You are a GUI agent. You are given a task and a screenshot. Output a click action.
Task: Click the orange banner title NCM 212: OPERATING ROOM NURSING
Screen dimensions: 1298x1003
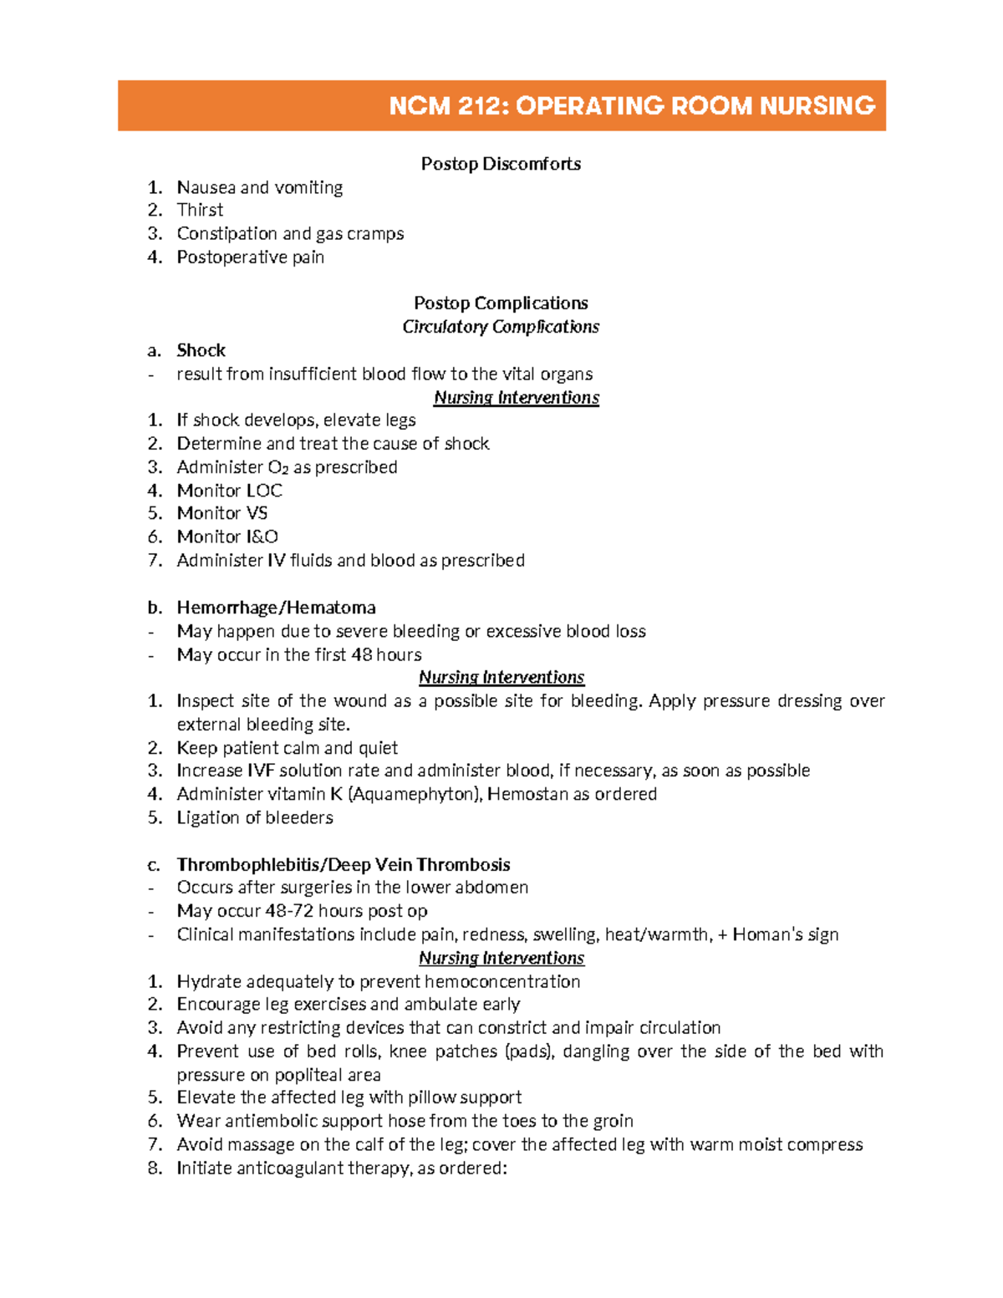632,106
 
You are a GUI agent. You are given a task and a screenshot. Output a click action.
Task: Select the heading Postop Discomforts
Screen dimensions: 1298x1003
501,164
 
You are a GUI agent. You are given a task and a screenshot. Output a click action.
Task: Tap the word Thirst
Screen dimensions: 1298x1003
200,210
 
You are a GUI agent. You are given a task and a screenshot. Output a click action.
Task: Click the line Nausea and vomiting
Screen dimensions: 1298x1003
259,187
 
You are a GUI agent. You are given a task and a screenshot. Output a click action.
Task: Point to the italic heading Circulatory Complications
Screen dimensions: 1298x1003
501,327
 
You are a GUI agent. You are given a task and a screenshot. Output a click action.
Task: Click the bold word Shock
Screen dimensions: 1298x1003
201,350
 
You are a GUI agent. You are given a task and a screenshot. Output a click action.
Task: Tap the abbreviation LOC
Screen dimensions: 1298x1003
263,491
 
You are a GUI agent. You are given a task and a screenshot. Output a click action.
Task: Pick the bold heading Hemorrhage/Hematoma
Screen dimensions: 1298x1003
276,608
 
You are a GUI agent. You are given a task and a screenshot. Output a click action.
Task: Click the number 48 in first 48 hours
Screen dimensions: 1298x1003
361,654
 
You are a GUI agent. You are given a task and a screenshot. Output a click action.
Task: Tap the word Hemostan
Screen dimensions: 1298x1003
527,794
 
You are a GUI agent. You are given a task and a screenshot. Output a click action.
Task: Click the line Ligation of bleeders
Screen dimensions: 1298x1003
254,817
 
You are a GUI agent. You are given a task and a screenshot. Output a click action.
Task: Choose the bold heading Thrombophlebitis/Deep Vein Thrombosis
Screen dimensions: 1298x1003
343,864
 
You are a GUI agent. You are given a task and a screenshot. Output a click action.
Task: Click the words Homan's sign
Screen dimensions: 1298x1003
785,934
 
